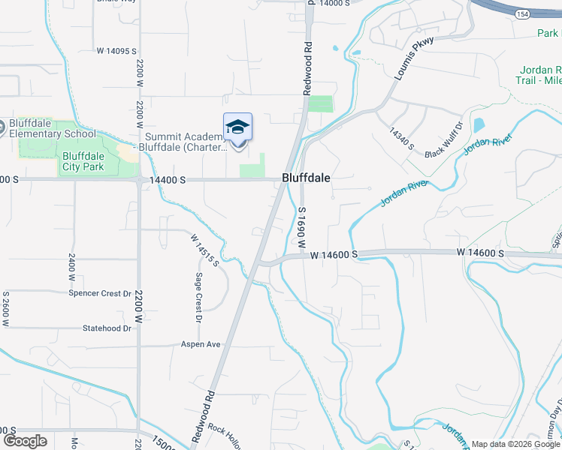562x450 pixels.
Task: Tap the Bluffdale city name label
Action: (306, 178)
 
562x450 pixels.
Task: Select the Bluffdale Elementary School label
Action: (53, 128)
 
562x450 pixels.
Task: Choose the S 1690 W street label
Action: (302, 228)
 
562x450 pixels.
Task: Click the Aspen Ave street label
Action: (201, 344)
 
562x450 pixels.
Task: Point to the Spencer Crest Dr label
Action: (100, 293)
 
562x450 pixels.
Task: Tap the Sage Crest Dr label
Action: (199, 298)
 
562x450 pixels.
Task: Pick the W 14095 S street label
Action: (116, 51)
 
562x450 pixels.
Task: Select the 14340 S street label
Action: (401, 138)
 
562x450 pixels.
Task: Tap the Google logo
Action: (26, 441)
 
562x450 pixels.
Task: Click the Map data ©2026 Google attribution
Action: (515, 444)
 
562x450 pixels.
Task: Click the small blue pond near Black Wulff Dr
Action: (479, 125)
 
